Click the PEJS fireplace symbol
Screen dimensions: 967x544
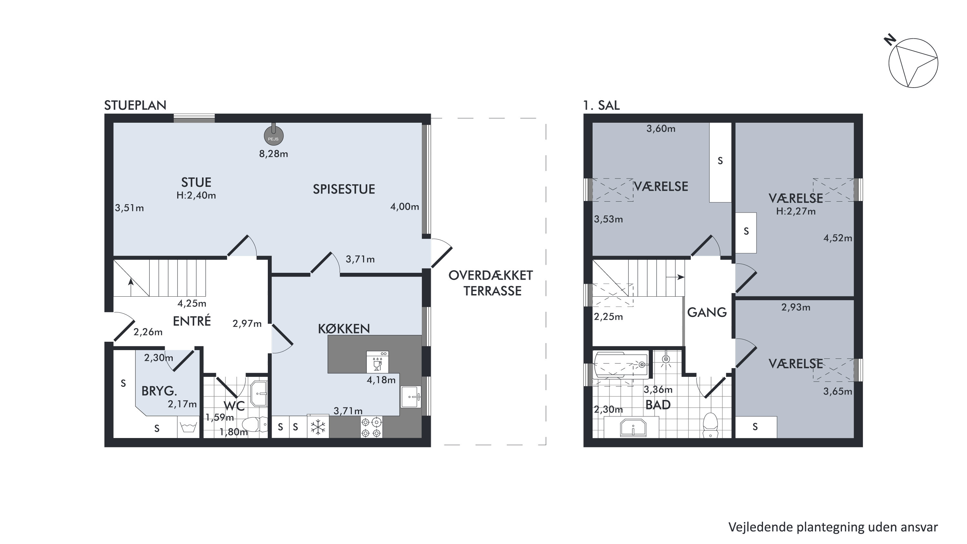(x=274, y=136)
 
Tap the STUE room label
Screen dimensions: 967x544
(x=196, y=182)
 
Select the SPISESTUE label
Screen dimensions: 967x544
(x=344, y=189)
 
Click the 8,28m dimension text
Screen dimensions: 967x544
(x=274, y=154)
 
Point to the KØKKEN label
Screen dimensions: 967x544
(x=344, y=329)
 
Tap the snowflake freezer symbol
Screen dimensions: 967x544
(x=318, y=427)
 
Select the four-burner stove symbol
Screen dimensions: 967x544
(x=372, y=428)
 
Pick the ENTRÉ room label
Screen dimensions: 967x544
(x=192, y=321)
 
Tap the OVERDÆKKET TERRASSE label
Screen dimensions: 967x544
(x=491, y=283)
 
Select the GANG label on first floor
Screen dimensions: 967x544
(x=707, y=312)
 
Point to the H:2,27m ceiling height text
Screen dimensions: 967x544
(x=796, y=211)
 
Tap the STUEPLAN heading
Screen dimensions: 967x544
(x=135, y=105)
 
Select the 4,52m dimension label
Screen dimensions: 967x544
(x=837, y=238)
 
